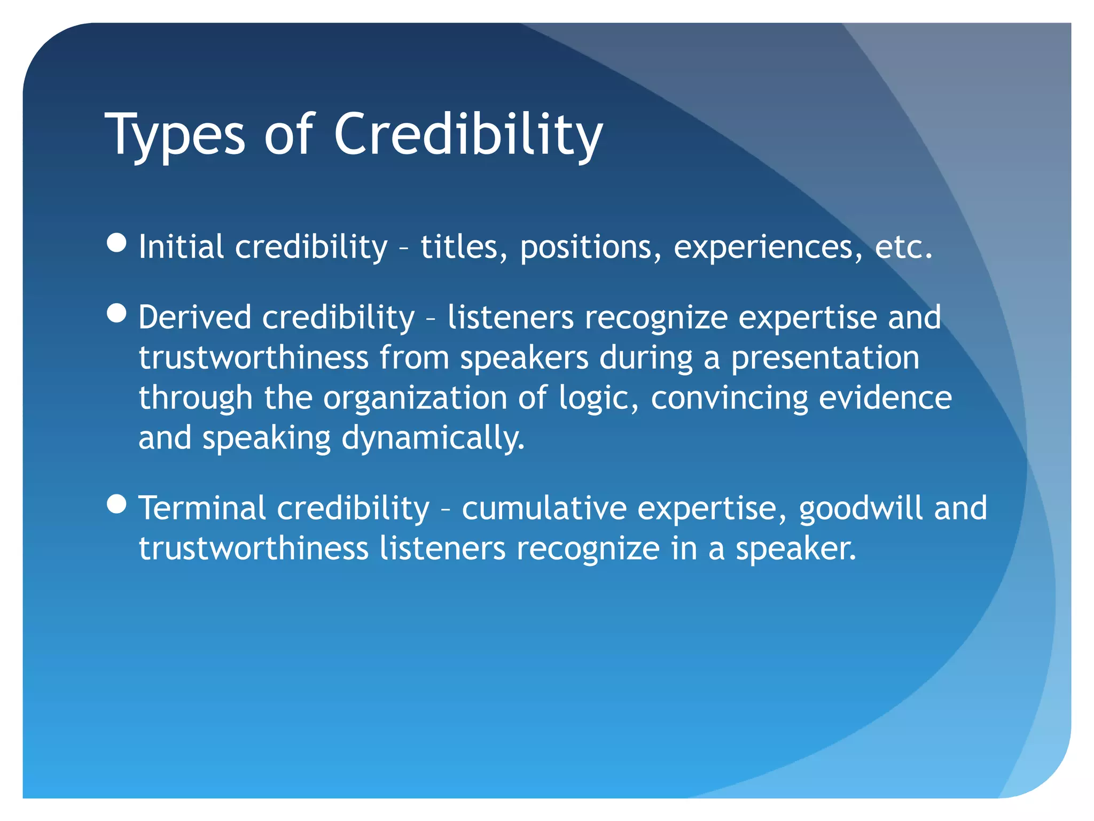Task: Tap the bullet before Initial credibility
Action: coord(116,243)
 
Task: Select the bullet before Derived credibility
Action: coord(116,313)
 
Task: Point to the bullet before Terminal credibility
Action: coord(116,504)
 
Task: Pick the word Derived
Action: coord(194,317)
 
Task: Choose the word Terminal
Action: coord(202,508)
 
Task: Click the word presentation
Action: coord(825,358)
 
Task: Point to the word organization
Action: coord(415,399)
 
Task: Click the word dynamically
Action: coord(433,439)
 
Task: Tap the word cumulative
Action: coord(544,508)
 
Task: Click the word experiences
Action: coord(768,248)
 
